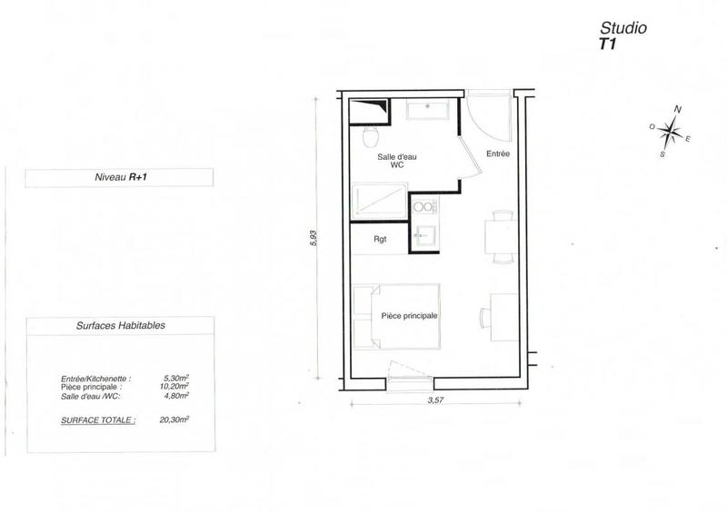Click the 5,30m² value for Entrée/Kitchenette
tap(175, 379)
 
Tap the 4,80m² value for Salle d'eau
tap(176, 395)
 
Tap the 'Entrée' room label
tap(497, 153)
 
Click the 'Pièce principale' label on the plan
tap(410, 315)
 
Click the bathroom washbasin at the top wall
tap(428, 110)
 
